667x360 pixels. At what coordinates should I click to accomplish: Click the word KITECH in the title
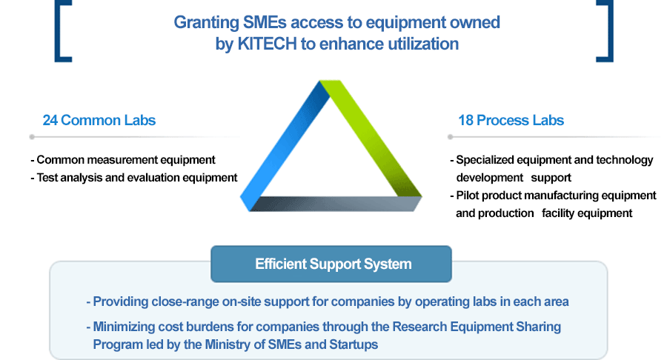pos(267,44)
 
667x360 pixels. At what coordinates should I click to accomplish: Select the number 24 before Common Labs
pos(50,120)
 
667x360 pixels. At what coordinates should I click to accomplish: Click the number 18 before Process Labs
pos(466,120)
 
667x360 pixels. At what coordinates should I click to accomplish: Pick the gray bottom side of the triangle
pos(336,204)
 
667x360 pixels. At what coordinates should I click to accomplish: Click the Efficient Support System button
pos(331,264)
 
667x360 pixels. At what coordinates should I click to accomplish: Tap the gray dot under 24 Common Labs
pos(32,137)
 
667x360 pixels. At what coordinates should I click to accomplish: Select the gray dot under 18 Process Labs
pos(450,137)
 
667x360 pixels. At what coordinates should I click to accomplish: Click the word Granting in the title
pos(206,22)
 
